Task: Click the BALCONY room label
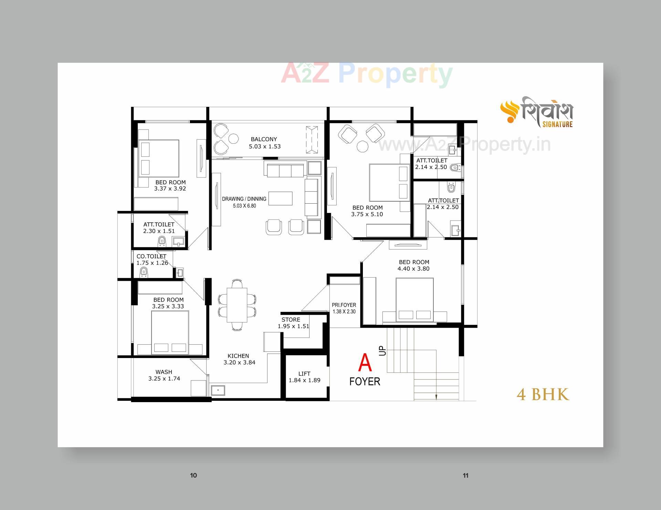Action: click(x=264, y=139)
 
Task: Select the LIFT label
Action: click(x=304, y=374)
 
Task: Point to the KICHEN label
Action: click(x=238, y=356)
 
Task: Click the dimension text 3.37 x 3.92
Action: click(x=170, y=188)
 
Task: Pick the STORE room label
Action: click(x=291, y=319)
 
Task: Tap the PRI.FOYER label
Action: click(x=344, y=305)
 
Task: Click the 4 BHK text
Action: click(x=543, y=395)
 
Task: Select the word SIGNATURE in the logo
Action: click(x=557, y=124)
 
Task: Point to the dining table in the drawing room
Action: click(x=237, y=305)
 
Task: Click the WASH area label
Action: click(x=164, y=372)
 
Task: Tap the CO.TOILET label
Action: click(x=151, y=256)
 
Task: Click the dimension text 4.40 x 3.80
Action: click(x=413, y=269)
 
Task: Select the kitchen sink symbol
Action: click(x=218, y=390)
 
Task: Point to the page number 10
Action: click(x=193, y=476)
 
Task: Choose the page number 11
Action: click(x=465, y=476)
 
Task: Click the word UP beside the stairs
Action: click(x=382, y=351)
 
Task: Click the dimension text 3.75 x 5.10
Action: click(x=367, y=214)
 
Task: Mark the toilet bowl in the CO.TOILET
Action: click(x=144, y=273)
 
